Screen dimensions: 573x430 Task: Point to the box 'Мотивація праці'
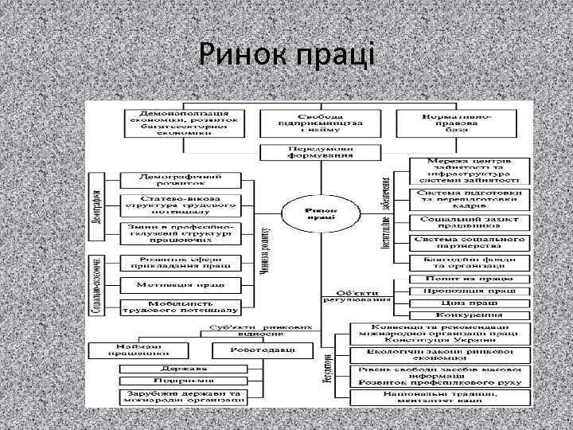[x=179, y=283]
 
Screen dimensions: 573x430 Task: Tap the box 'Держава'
[x=179, y=369]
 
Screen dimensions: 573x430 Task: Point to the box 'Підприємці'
[x=179, y=381]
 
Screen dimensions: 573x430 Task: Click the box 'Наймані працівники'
[x=127, y=350]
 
